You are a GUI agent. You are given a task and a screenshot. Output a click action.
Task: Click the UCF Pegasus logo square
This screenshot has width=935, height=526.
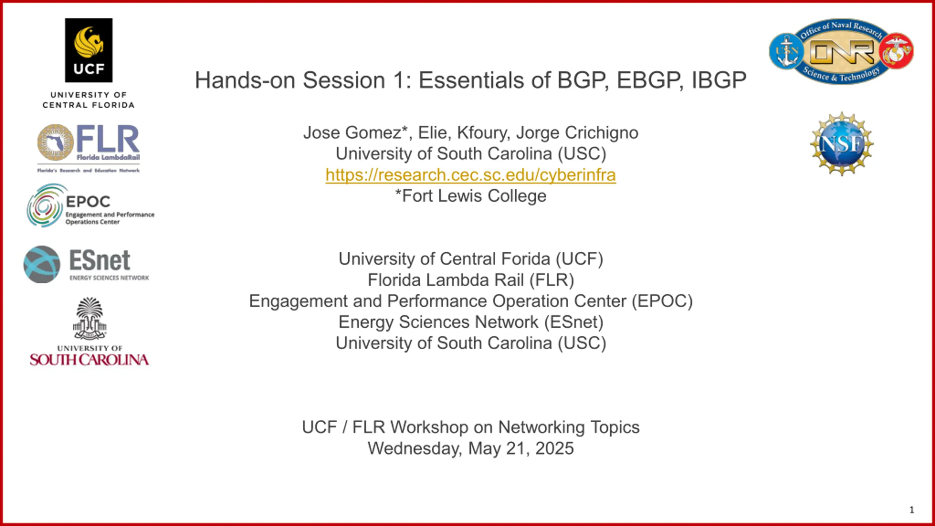[x=89, y=50]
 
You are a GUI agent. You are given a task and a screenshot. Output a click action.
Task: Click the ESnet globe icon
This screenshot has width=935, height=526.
[x=42, y=264]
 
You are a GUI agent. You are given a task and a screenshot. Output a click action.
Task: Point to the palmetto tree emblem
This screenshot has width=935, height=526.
[x=89, y=318]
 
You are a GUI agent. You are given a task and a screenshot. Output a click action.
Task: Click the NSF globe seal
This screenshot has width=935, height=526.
[x=842, y=144]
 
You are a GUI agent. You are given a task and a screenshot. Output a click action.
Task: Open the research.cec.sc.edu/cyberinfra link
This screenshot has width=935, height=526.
[x=471, y=175]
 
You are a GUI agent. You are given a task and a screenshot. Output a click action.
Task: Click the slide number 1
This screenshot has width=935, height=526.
[x=912, y=510]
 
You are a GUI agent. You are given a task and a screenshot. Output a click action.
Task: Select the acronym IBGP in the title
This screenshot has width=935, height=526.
[x=719, y=80]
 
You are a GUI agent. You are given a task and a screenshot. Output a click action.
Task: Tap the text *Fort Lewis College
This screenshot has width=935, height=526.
[x=471, y=196]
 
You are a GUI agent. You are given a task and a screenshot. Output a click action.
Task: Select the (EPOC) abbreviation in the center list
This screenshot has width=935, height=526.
[x=662, y=301]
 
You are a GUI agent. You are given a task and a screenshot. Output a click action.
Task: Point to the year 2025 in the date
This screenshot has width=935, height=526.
[x=554, y=449]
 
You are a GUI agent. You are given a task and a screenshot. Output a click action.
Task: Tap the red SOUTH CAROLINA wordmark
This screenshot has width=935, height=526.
[x=89, y=360]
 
